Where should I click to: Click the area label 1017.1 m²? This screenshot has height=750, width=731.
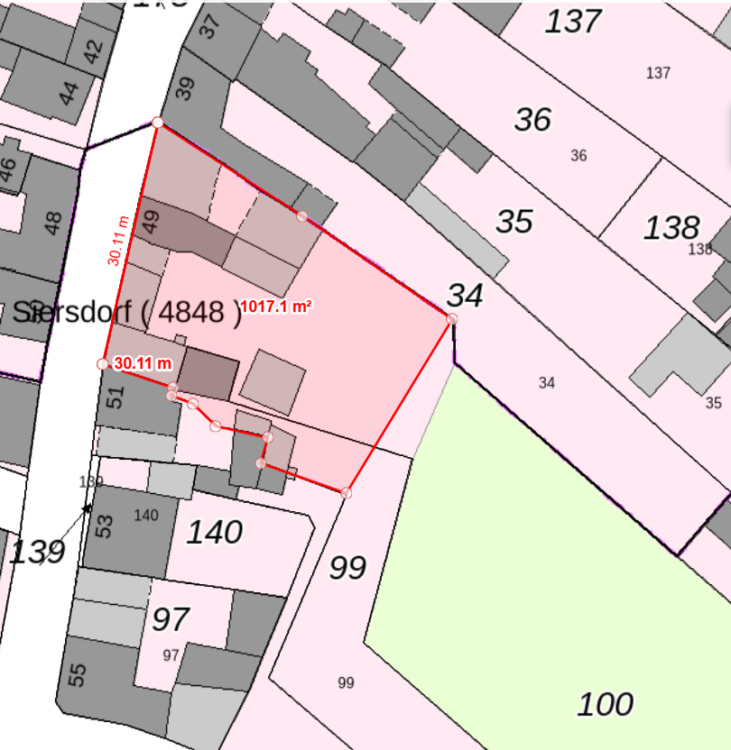click(x=276, y=306)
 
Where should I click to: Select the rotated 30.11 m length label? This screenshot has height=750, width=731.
click(x=117, y=241)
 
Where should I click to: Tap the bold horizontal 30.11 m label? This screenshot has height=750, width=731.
click(x=143, y=363)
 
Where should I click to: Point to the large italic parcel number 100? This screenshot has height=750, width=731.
click(x=605, y=703)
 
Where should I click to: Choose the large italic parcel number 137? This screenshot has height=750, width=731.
click(x=573, y=21)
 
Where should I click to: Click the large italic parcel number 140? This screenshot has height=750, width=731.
click(x=214, y=532)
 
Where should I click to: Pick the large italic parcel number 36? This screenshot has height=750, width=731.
click(x=532, y=119)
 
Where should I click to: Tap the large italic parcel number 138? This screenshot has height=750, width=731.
click(x=671, y=228)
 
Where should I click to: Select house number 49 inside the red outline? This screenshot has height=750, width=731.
click(x=152, y=222)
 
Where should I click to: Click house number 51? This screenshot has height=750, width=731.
click(x=115, y=397)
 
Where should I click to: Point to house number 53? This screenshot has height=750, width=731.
click(x=105, y=526)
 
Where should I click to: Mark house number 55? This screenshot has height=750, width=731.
click(x=79, y=674)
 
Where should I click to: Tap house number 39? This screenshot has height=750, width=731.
click(x=184, y=88)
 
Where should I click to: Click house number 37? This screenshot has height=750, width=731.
click(x=208, y=27)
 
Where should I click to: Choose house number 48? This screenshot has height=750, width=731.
click(x=53, y=222)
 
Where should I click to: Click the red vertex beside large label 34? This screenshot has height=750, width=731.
click(x=451, y=319)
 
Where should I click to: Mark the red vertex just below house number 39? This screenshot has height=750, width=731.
click(x=157, y=122)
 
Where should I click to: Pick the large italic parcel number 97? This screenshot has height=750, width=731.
click(x=170, y=619)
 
